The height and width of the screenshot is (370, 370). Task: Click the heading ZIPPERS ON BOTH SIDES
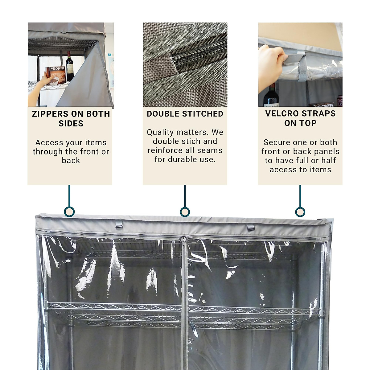point(71,119)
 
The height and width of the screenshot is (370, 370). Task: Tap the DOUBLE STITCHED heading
point(185,114)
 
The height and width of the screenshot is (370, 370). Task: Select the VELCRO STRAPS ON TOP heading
point(300,118)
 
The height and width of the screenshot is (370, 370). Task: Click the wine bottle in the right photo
point(271,96)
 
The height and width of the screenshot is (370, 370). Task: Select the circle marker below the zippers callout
point(69,212)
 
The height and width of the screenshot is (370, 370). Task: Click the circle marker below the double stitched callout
point(185,212)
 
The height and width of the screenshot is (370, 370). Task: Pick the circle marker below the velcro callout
point(300,212)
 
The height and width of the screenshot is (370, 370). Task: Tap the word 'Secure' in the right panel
point(275,142)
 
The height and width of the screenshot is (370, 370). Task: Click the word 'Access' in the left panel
point(47,143)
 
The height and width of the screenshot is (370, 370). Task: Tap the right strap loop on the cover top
point(251,227)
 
